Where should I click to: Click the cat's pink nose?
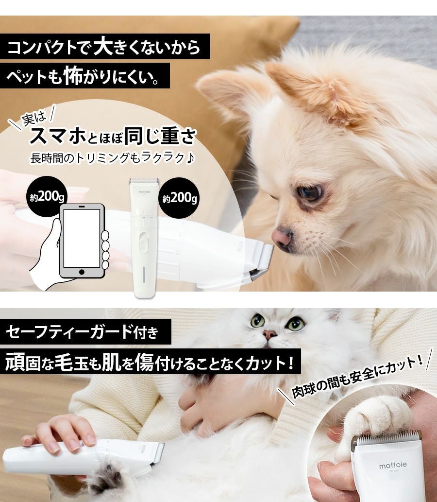coord(269,335)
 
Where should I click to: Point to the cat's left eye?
coord(257,320)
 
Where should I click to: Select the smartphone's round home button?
coord(82,272)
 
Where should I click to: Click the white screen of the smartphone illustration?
coord(82,239)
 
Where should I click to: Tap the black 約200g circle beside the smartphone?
coord(47,197)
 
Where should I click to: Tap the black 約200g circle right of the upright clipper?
coord(180,198)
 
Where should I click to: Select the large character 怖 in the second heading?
coord(74,75)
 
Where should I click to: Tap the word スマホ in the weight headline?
coord(58,136)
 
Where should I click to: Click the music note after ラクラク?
coord(190,157)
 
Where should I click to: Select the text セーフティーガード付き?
coord(82,332)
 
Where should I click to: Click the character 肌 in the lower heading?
coord(112,363)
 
